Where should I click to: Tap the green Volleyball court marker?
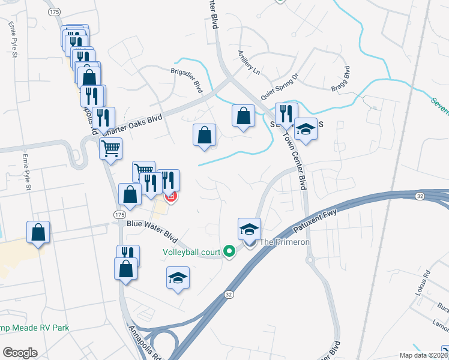coord(229,251)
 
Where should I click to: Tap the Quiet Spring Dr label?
coord(280,86)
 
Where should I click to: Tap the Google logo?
coord(20,352)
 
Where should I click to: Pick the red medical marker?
coord(171,196)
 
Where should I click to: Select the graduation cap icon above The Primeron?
coord(250,228)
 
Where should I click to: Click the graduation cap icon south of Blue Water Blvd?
coord(178,278)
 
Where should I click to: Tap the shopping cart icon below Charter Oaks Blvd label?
coord(110,148)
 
